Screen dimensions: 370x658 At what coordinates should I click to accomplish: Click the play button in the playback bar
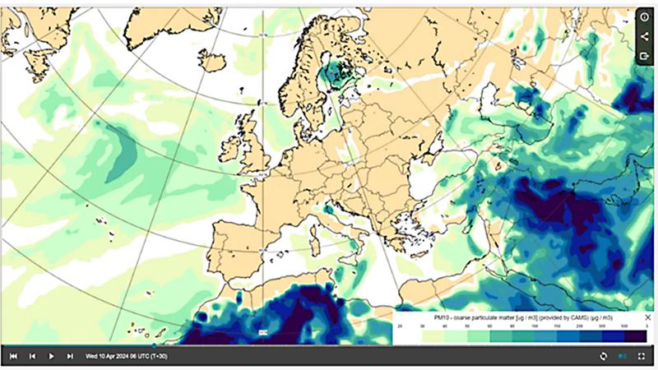click(51, 356)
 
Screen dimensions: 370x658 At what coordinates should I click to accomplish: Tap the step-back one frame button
click(32, 356)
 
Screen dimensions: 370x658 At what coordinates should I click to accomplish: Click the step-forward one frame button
click(70, 356)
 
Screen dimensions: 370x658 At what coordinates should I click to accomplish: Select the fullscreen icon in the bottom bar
click(642, 356)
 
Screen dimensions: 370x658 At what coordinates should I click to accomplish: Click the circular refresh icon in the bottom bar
click(603, 356)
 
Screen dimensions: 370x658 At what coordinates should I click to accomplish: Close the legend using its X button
click(647, 317)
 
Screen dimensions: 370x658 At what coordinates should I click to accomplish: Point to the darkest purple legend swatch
click(637, 335)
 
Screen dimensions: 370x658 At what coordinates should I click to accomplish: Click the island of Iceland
click(212, 61)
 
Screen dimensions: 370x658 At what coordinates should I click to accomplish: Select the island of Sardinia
click(315, 240)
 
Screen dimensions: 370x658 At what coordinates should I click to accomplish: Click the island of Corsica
click(316, 223)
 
